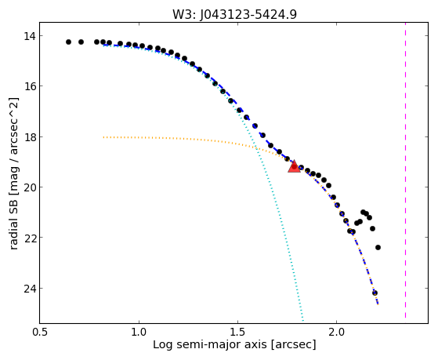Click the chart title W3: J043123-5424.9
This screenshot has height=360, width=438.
pyautogui.click(x=234, y=14)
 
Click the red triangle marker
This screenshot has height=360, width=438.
pyautogui.click(x=294, y=167)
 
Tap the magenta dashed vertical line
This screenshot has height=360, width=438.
pyautogui.click(x=405, y=170)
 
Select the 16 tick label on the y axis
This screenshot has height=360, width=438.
pyautogui.click(x=29, y=86)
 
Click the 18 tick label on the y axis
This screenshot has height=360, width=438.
pyautogui.click(x=29, y=137)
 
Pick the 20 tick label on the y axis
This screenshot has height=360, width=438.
pyautogui.click(x=29, y=187)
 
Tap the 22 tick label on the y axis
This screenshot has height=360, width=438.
pyautogui.click(x=29, y=238)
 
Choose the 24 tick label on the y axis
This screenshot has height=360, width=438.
pyautogui.click(x=29, y=289)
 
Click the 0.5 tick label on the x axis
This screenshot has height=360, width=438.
pyautogui.click(x=40, y=333)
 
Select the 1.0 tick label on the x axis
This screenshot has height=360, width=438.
pyautogui.click(x=139, y=333)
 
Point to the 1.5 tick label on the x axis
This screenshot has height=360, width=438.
pyautogui.click(x=237, y=333)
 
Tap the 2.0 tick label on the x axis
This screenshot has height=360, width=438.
pyautogui.click(x=337, y=333)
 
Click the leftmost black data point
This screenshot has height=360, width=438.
pyautogui.click(x=68, y=42)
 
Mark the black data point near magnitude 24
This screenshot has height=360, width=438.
pyautogui.click(x=375, y=293)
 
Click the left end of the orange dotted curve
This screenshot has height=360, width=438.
pyautogui.click(x=103, y=137)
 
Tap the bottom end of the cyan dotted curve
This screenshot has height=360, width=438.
pyautogui.click(x=303, y=320)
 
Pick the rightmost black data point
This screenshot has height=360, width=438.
pyautogui.click(x=378, y=247)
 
